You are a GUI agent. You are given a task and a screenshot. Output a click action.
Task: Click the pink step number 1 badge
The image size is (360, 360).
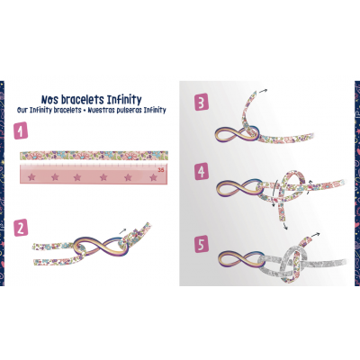coord(21,130)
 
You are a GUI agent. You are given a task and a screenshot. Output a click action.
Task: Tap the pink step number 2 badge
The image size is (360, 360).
coord(21,228)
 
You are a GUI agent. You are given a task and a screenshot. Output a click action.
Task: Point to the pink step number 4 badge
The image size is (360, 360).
coord(202,171)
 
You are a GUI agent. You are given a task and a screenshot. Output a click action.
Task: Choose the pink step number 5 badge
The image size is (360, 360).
coord(202,244)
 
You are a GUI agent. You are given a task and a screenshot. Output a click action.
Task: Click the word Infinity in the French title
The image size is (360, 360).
coord(124,100)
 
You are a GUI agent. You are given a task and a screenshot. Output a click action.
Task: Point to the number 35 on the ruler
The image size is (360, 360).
coord(161,170)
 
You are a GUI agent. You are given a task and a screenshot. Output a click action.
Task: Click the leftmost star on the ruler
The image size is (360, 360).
coord(31,177)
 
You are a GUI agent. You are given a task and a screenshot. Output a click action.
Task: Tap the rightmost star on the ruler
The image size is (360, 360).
coord(154,177)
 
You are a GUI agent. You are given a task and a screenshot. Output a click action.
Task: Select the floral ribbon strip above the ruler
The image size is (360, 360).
coord(94,156)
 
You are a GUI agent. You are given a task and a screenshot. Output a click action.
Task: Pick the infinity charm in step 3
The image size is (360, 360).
coord(237,135)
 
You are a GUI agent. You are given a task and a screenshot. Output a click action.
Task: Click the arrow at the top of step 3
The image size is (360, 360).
coord(263,91)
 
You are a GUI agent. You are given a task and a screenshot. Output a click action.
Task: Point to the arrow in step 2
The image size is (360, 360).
coord(123,230)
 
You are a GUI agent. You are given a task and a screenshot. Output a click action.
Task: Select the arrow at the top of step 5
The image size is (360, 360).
coord(315,235)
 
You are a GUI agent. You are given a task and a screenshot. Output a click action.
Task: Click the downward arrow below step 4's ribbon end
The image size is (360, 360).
coord(285,226)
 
